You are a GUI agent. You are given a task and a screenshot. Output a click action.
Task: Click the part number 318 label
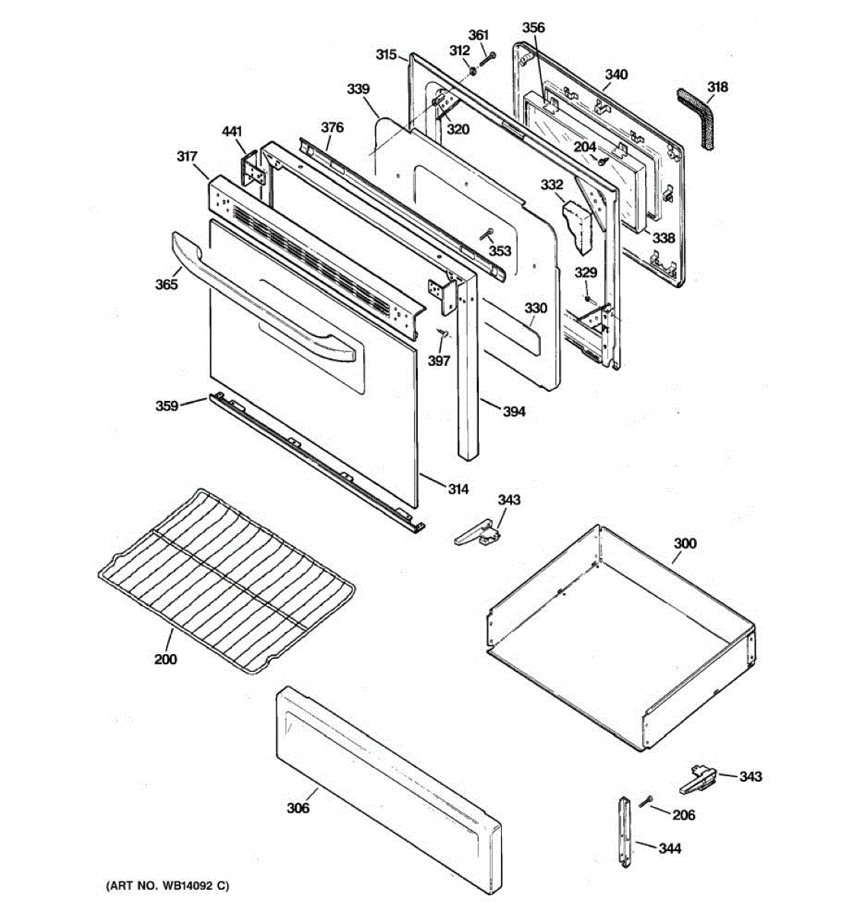click(x=717, y=87)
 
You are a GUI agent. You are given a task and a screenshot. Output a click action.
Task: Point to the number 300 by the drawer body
click(x=685, y=544)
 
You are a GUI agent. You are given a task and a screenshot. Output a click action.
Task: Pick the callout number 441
click(x=232, y=132)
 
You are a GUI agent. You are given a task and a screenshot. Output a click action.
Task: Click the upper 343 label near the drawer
click(x=509, y=500)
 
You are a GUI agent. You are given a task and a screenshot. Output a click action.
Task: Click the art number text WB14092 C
click(x=166, y=886)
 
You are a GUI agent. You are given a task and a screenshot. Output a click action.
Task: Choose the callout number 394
click(x=514, y=412)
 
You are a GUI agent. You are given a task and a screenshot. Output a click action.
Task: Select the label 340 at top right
click(x=616, y=75)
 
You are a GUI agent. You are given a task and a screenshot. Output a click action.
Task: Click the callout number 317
click(x=187, y=157)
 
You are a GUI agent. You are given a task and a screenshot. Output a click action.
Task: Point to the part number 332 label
click(x=551, y=185)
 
